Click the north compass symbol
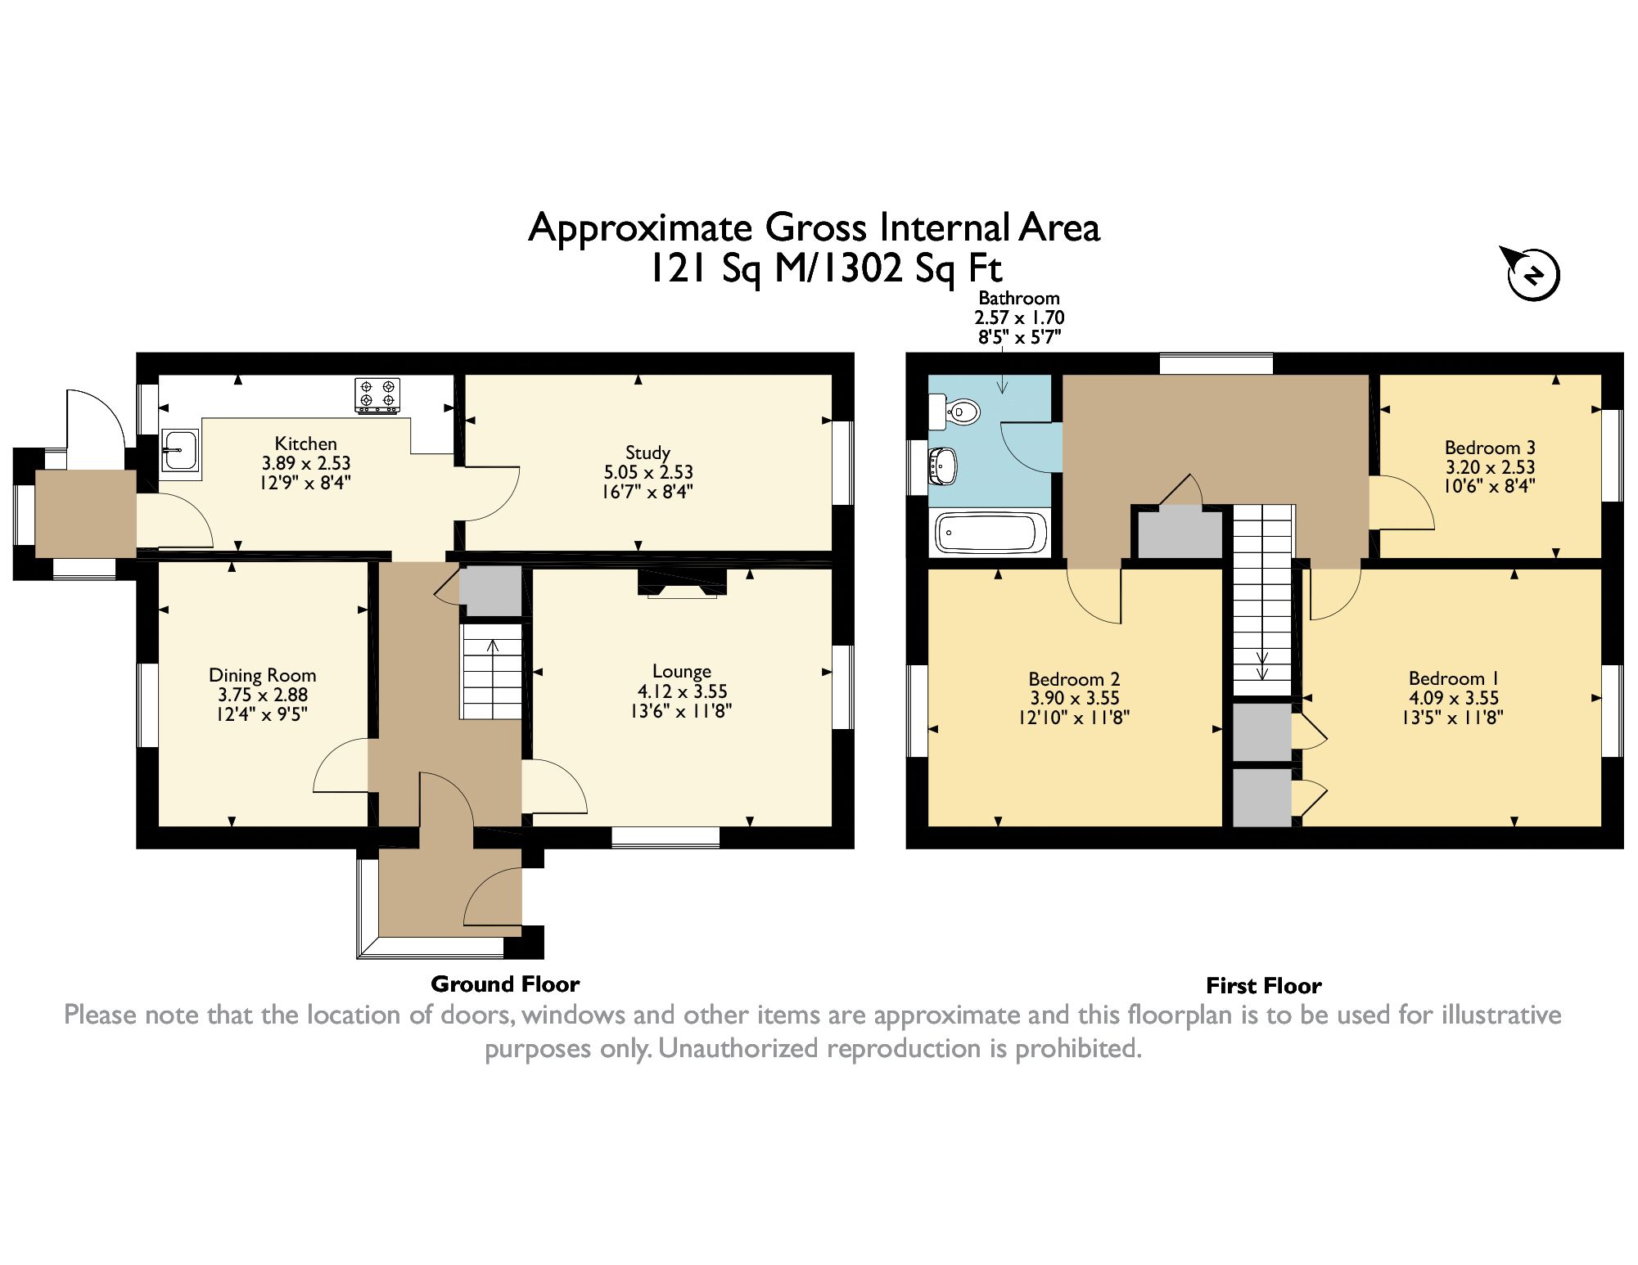(x=1532, y=275)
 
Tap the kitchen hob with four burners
(x=377, y=395)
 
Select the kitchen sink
(x=180, y=449)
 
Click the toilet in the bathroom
(x=957, y=412)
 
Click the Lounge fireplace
(x=682, y=582)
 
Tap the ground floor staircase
(x=491, y=672)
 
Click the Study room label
(x=648, y=452)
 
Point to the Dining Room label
(x=262, y=675)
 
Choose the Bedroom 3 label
(x=1490, y=448)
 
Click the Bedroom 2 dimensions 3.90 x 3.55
(x=1074, y=699)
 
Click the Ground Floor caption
(x=505, y=984)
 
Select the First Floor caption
(x=1263, y=985)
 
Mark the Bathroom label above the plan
(x=1019, y=298)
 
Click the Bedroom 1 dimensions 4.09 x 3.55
(x=1454, y=698)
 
